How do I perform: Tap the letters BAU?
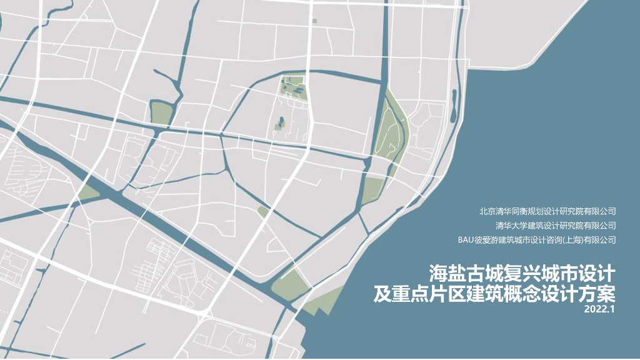(x=467, y=239)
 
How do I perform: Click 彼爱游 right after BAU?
(x=487, y=239)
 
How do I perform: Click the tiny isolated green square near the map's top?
(x=314, y=21)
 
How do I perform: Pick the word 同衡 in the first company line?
(x=522, y=211)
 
